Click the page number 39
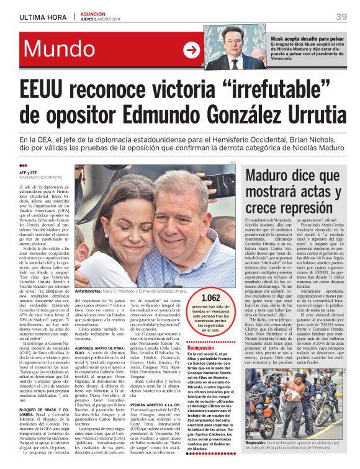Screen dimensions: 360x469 tap(341, 17)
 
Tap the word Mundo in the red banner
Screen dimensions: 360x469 tap(58, 50)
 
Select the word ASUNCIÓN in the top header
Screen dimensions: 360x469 tap(93, 14)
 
